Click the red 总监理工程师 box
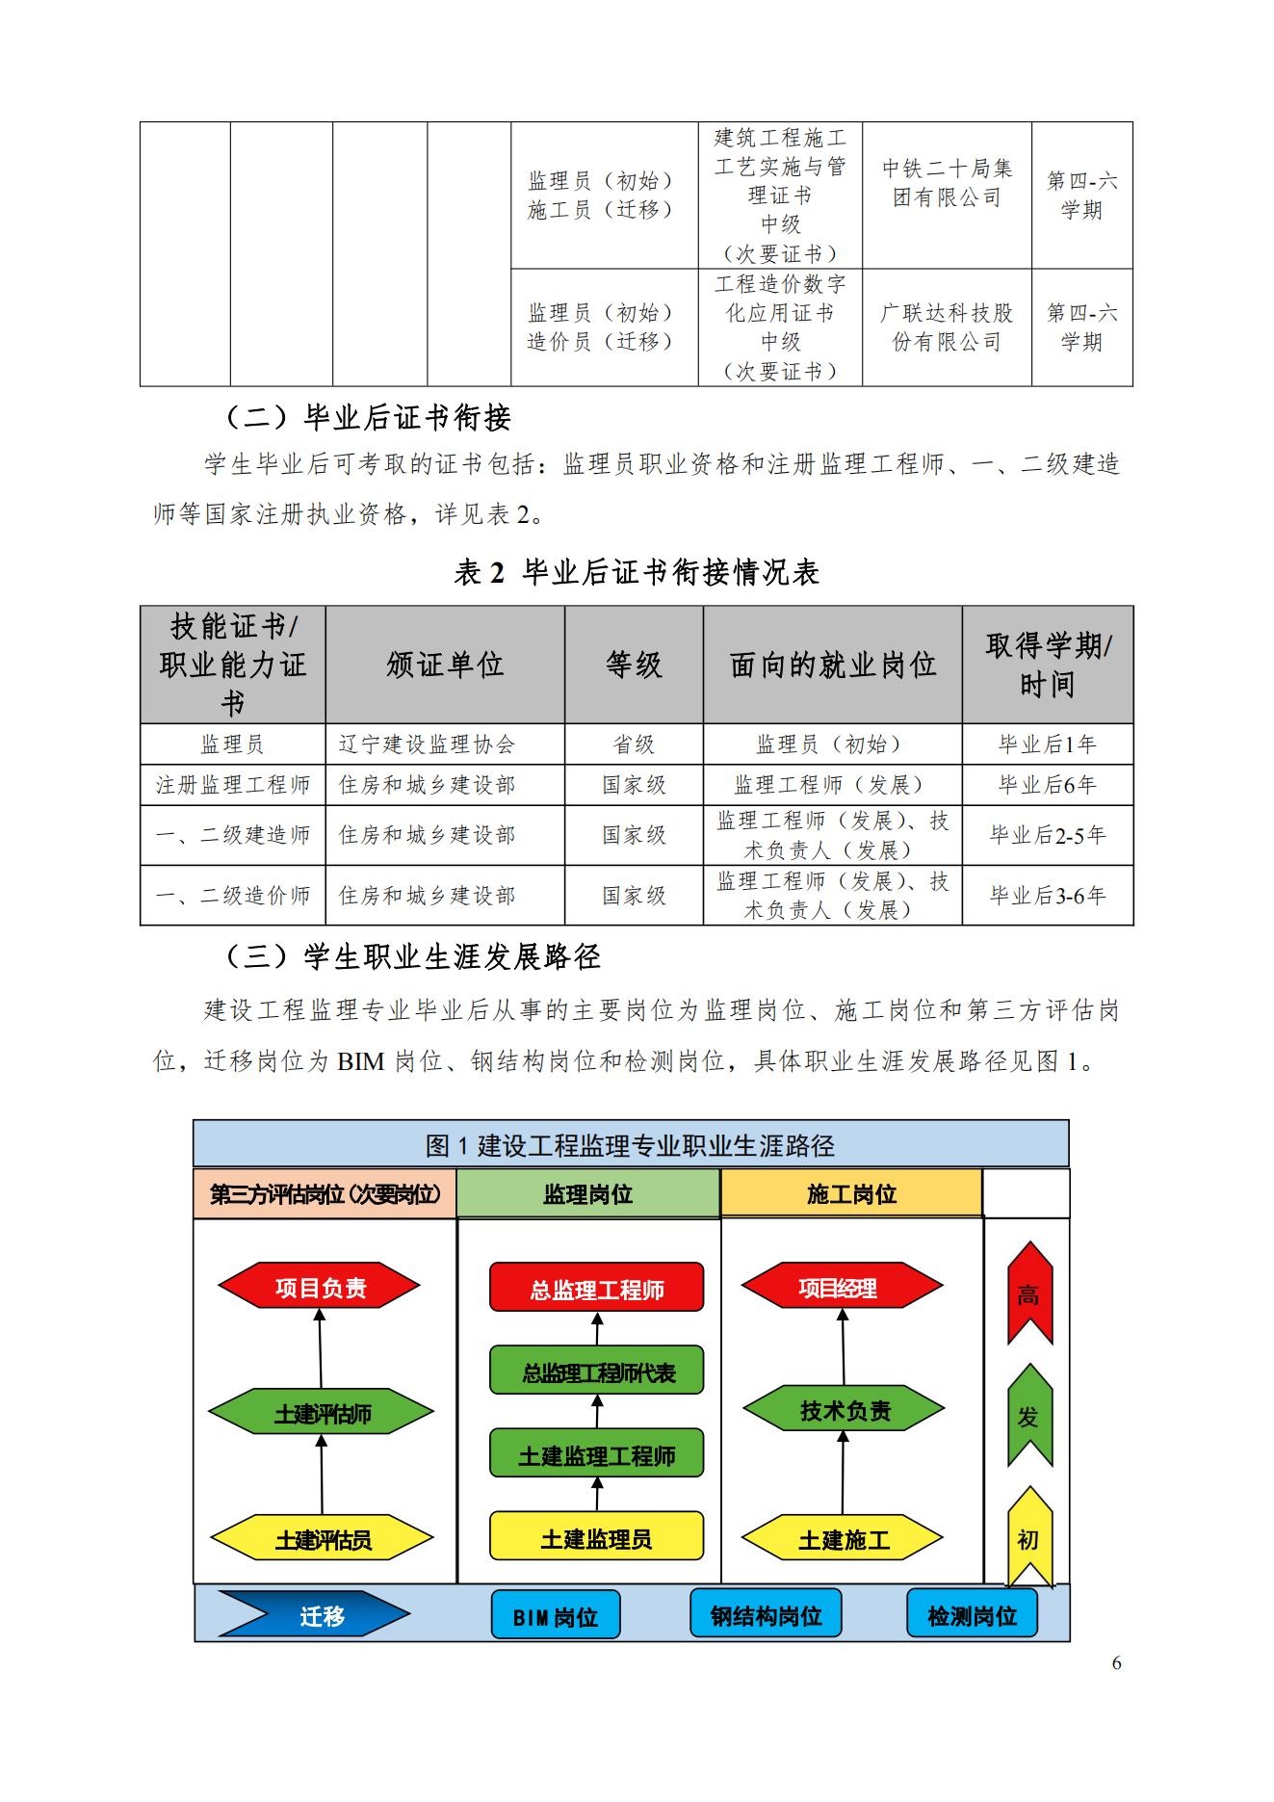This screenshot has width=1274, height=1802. click(x=596, y=1289)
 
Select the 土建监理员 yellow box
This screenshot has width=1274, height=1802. click(x=596, y=1538)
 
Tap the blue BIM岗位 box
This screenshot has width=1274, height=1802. click(x=556, y=1616)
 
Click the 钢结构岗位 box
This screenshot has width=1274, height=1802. click(x=766, y=1615)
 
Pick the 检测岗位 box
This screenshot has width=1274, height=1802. click(x=972, y=1615)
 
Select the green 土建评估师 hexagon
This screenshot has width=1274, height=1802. click(x=321, y=1414)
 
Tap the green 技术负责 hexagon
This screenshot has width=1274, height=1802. click(x=844, y=1411)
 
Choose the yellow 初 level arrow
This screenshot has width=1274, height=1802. click(x=1029, y=1539)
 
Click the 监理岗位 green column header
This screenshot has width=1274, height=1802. click(x=587, y=1194)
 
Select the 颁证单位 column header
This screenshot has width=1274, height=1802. click(x=445, y=665)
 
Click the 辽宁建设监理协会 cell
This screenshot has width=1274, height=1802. click(x=445, y=744)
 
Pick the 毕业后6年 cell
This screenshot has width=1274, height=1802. click(x=1048, y=785)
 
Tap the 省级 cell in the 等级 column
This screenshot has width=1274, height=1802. click(x=634, y=744)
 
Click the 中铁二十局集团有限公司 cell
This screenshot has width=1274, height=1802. click(x=947, y=183)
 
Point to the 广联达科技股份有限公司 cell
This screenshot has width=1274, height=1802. click(x=947, y=327)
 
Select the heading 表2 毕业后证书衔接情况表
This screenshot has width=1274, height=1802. click(x=637, y=573)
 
